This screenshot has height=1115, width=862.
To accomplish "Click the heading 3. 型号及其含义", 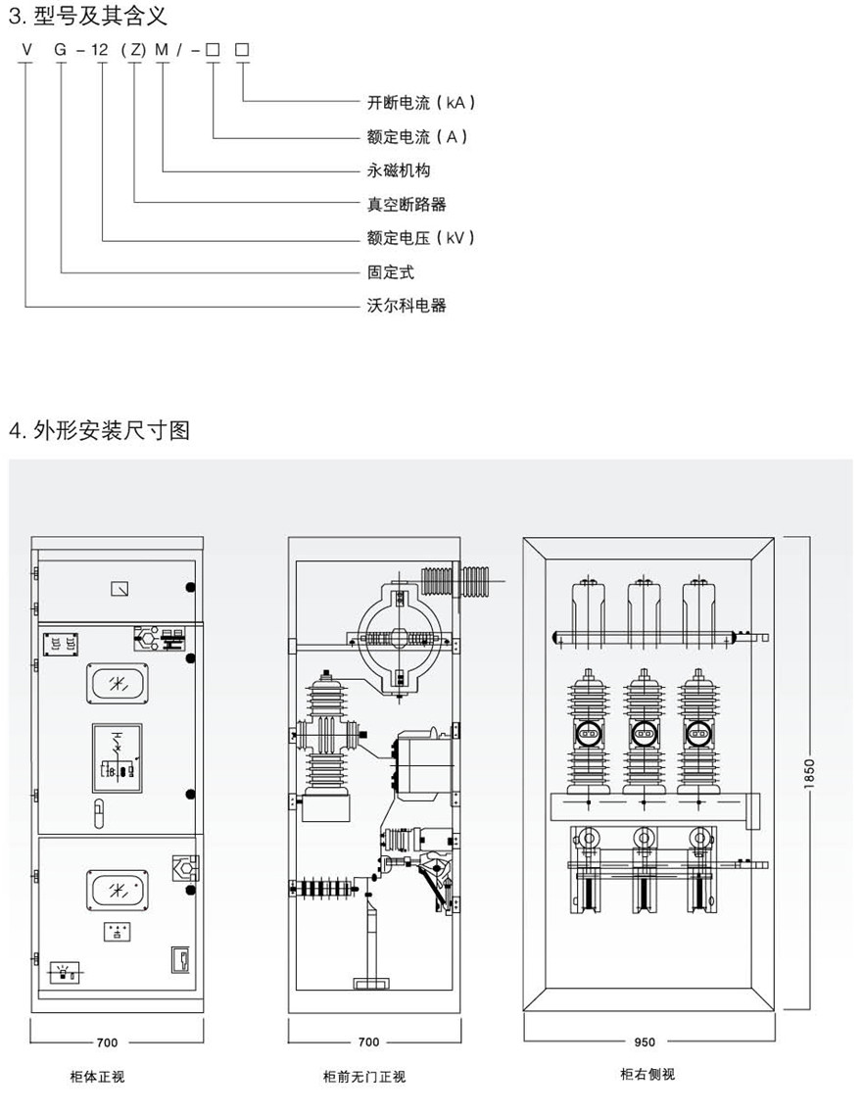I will pos(88,15).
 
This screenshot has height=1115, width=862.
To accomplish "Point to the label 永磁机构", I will pos(399,170).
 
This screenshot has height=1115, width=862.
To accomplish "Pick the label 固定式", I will pos(391,272).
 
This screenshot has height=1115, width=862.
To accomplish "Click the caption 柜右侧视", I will pos(646,1074).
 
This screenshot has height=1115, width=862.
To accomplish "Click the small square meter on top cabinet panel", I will pos(118,588).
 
